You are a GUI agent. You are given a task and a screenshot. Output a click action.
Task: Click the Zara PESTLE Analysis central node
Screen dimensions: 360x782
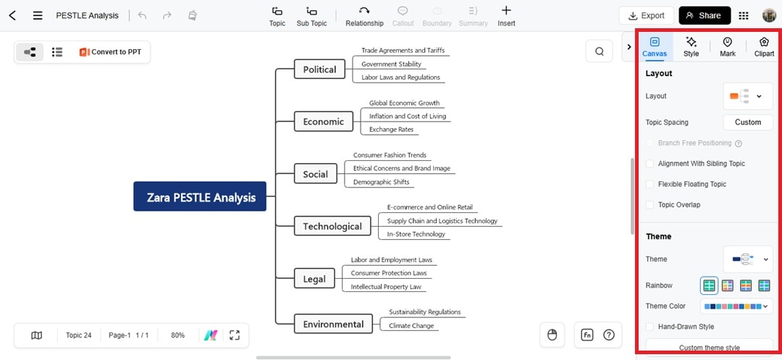click(x=200, y=197)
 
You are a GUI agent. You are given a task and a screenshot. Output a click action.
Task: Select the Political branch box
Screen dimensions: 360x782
click(x=319, y=70)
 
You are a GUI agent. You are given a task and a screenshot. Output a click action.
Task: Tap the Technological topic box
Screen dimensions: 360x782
click(x=332, y=226)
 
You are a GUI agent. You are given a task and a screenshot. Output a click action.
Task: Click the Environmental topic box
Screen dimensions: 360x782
click(x=333, y=324)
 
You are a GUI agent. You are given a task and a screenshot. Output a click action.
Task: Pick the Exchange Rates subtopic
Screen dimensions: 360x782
click(x=391, y=130)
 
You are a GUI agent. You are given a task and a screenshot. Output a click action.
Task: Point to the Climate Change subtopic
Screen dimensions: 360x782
click(x=411, y=326)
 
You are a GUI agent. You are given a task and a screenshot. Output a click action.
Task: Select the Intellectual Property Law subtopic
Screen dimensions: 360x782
click(x=386, y=287)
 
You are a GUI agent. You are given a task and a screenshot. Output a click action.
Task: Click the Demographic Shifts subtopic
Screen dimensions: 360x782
click(x=381, y=183)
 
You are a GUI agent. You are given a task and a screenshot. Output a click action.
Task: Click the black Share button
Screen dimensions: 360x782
click(x=703, y=15)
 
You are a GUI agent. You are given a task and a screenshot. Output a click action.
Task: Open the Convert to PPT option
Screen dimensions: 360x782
click(x=110, y=52)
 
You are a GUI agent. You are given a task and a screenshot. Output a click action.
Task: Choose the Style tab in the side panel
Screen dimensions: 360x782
click(x=691, y=47)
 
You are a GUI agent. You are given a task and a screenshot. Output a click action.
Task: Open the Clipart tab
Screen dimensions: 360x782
click(x=764, y=47)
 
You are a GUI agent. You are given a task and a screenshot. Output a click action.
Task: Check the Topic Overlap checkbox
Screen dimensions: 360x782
click(x=650, y=205)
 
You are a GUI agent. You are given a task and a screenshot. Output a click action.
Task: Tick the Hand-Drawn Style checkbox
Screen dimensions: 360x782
click(x=650, y=327)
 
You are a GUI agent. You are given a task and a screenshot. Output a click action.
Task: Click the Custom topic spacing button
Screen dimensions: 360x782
click(x=748, y=122)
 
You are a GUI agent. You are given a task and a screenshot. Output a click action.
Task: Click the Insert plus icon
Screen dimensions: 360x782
click(x=506, y=10)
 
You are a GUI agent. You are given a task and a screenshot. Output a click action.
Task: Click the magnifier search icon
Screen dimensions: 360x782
click(x=600, y=51)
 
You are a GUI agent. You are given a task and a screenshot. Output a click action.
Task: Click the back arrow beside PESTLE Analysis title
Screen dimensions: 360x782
click(x=12, y=15)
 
